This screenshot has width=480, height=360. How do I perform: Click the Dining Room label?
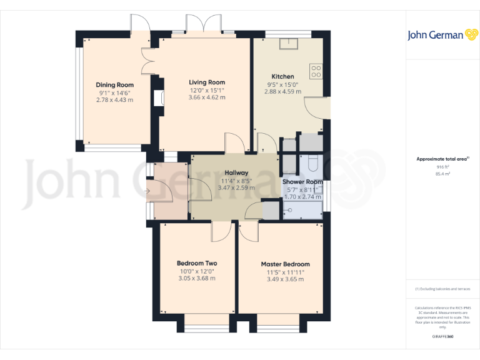coord(114,85)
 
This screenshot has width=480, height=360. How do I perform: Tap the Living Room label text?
coord(207,82)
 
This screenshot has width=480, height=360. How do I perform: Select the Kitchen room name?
coord(282,77)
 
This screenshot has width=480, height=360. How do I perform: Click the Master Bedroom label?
coord(285,264)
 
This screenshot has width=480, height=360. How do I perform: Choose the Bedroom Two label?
coord(197,263)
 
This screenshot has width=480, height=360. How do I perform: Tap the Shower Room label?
coord(302,182)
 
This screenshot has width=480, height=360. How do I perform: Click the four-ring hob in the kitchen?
coord(315,71)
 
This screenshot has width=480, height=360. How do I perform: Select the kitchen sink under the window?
coord(289,43)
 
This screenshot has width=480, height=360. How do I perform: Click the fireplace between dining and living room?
coord(156,98)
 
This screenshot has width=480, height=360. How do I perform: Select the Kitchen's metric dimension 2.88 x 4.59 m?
coord(282,92)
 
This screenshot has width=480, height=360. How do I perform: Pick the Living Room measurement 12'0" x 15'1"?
coord(207,90)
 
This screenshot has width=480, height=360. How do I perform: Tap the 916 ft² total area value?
coord(442,167)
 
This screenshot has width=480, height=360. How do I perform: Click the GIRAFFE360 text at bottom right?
coord(442,337)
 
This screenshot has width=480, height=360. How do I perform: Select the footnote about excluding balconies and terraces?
coord(442,289)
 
